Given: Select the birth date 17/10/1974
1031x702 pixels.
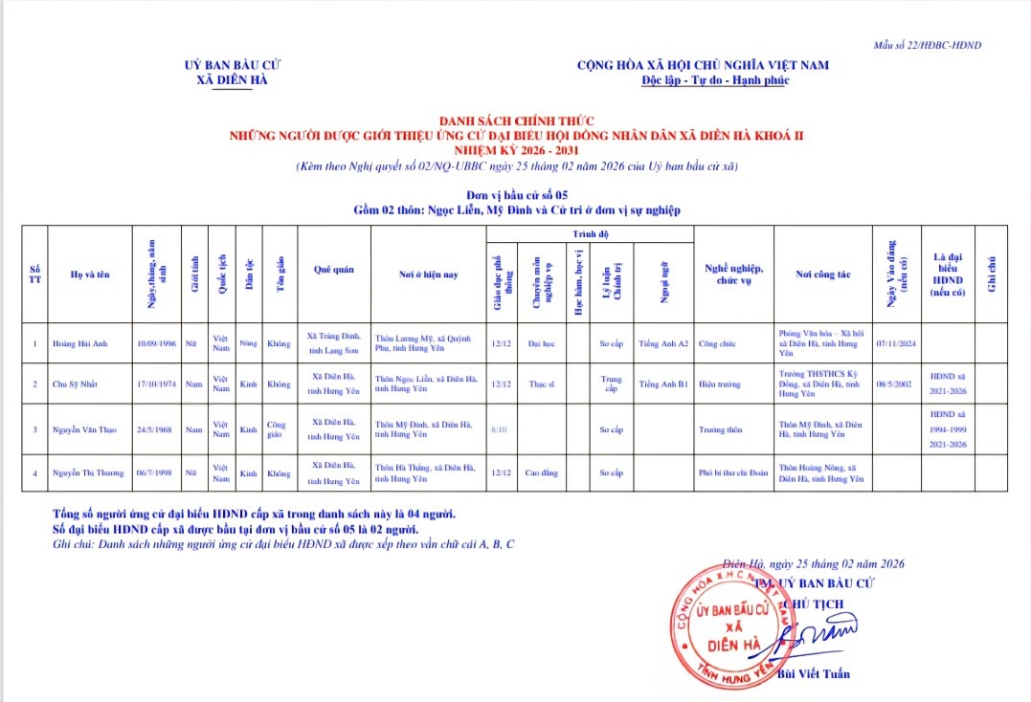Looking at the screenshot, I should (x=155, y=384).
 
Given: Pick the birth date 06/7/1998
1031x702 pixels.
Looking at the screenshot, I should (x=155, y=473).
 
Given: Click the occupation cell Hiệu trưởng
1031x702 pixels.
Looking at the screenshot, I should (x=719, y=384).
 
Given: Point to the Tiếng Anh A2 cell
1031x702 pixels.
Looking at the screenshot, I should (x=662, y=343).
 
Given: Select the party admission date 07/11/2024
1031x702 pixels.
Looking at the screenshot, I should (x=896, y=343).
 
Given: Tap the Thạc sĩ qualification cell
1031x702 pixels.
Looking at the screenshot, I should (x=544, y=384).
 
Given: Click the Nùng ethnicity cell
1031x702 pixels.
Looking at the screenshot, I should (x=248, y=343).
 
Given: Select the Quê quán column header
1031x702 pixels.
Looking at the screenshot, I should (x=333, y=271).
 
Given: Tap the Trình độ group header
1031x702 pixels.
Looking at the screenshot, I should (x=591, y=234).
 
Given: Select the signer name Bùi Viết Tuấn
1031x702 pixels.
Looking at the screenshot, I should (x=814, y=674).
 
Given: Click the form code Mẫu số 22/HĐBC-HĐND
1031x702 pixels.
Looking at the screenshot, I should (x=927, y=45).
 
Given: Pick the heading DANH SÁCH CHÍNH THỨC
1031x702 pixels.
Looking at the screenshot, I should (x=516, y=121).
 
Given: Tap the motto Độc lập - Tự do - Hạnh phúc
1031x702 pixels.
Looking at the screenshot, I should (x=702, y=80).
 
